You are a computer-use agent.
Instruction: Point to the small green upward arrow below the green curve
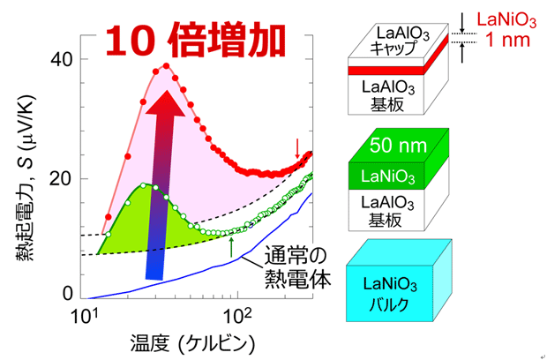tap(231, 246)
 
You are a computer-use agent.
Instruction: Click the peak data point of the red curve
tap(165, 64)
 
